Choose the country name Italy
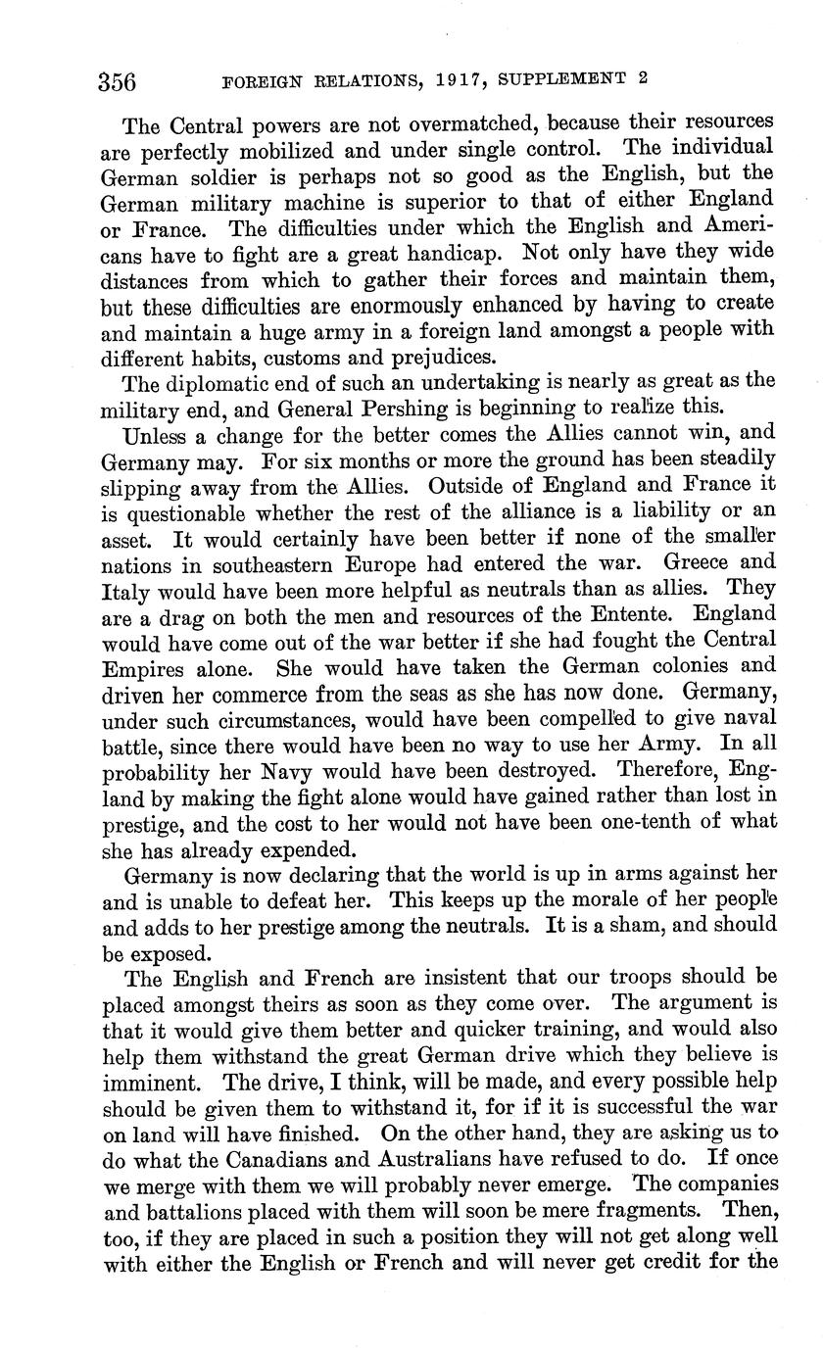[125, 590]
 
